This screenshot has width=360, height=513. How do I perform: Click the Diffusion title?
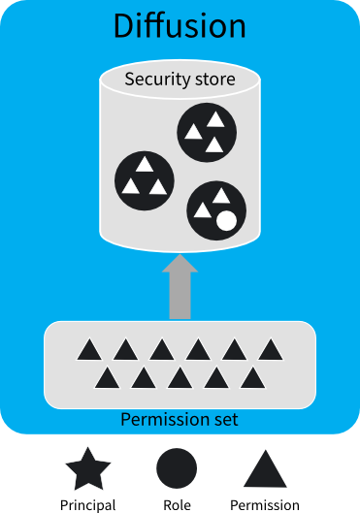click(x=180, y=26)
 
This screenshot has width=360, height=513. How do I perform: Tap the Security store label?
click(x=180, y=79)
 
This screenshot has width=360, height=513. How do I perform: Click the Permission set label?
click(x=180, y=420)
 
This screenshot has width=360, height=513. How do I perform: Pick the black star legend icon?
click(x=88, y=470)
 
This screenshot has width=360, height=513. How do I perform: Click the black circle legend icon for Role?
click(x=177, y=469)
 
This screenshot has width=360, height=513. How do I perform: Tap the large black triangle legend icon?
click(x=264, y=469)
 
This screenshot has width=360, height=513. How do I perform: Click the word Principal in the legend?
click(x=88, y=504)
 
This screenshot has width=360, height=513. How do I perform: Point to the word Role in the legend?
click(x=177, y=504)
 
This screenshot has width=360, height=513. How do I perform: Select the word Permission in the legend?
click(x=265, y=504)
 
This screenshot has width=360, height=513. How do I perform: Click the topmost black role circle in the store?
click(x=206, y=132)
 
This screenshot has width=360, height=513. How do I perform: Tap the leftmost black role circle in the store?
click(x=145, y=177)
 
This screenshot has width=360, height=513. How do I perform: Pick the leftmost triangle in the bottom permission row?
click(x=107, y=376)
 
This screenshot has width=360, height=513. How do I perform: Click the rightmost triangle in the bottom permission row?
click(x=252, y=376)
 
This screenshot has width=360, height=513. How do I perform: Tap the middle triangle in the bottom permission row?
click(x=180, y=376)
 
